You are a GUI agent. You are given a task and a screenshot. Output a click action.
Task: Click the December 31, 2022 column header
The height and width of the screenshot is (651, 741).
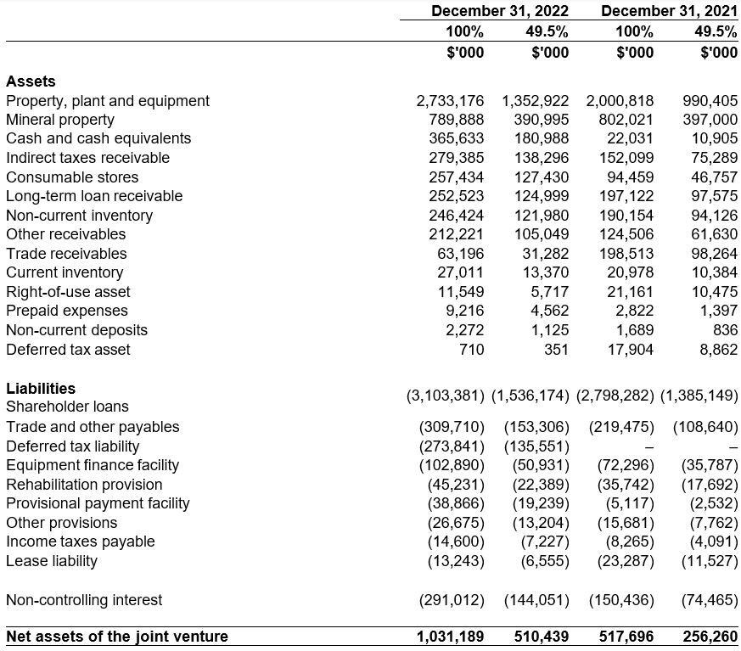pos(499,11)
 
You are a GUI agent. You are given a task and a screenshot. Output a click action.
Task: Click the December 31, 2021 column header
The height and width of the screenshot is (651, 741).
pos(669,11)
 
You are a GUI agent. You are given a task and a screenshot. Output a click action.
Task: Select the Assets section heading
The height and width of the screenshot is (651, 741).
pos(31,81)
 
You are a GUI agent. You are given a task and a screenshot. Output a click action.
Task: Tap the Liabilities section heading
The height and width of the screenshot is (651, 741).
pos(41,388)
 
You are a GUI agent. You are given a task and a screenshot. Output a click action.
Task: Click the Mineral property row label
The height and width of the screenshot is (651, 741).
pos(59,120)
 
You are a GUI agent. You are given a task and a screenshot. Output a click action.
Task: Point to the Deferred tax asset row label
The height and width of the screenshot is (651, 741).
pos(68,350)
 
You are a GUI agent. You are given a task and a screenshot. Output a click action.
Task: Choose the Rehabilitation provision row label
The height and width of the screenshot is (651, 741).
pos(84,485)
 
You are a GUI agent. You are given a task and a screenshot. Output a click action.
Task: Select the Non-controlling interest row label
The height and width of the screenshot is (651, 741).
pos(84,600)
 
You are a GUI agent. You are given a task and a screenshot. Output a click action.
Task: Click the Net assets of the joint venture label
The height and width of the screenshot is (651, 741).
pos(117,637)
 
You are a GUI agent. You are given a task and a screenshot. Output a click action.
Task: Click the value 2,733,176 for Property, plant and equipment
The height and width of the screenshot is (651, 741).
pos(450,101)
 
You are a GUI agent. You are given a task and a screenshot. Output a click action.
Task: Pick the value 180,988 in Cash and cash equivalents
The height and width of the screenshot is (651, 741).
pos(542,138)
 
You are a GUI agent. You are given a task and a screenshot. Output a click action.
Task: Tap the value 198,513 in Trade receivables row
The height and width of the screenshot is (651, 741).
pos(626,254)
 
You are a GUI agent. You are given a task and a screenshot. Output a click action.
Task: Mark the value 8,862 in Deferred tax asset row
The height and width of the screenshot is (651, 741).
pos(717,350)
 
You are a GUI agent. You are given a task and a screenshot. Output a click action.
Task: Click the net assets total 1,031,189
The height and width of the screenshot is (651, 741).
pos(450,637)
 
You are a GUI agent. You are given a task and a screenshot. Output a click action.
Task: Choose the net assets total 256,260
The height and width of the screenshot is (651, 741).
pos(710,637)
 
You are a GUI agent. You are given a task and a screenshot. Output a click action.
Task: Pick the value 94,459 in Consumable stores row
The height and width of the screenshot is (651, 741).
pos(630,177)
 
